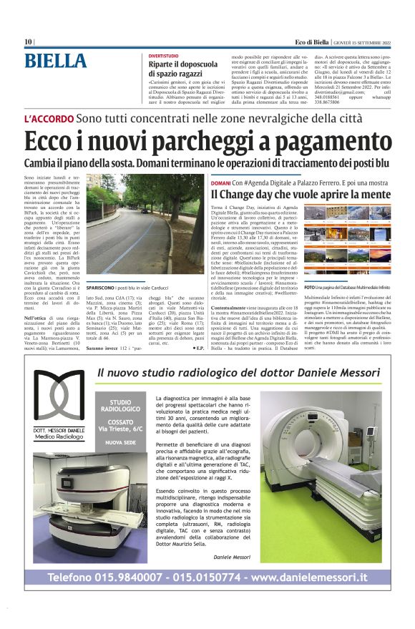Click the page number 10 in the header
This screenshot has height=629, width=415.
[28, 42]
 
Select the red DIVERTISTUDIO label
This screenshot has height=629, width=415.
[164, 54]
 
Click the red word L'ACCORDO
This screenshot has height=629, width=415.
[49, 118]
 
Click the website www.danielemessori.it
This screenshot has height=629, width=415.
[310, 577]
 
